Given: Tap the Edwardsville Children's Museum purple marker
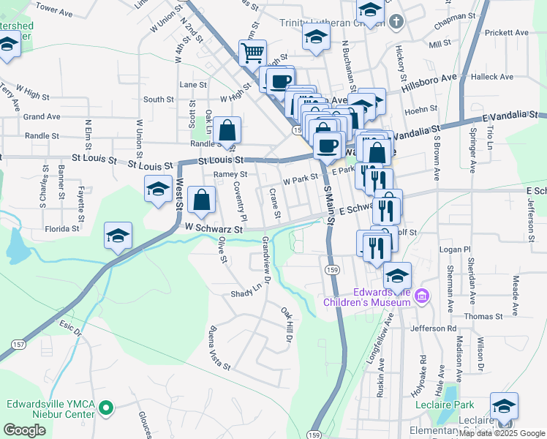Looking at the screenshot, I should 421,296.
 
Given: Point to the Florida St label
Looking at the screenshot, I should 61,228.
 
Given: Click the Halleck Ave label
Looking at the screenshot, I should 493,76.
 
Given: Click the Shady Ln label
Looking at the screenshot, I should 247,291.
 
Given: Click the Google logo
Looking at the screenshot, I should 24,430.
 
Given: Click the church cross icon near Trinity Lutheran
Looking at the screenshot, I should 396,21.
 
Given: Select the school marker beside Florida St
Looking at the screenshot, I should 118,236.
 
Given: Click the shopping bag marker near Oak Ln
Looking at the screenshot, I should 228,131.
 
